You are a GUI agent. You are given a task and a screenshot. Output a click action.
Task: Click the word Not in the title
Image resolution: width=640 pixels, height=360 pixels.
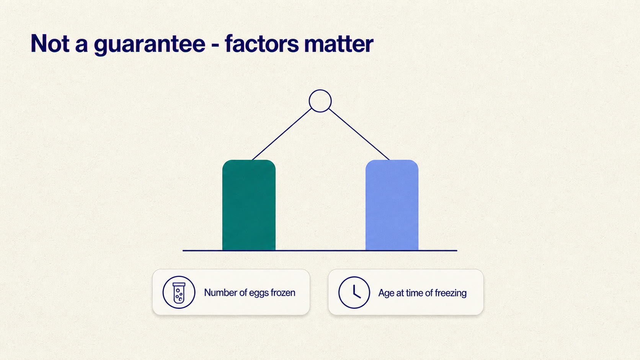(50, 43)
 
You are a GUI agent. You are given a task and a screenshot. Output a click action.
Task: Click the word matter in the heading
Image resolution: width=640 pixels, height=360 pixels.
(339, 44)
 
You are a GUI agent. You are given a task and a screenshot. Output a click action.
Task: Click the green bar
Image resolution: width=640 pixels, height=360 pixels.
(249, 205)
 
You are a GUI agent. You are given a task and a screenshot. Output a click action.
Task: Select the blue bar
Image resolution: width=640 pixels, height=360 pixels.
(392, 205)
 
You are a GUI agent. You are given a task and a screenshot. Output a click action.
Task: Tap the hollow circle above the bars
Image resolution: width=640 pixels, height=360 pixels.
(320, 90)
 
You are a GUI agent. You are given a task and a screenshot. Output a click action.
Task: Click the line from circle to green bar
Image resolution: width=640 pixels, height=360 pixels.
(282, 134)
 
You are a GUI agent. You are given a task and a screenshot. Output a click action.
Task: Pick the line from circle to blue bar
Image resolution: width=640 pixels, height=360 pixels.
(359, 134)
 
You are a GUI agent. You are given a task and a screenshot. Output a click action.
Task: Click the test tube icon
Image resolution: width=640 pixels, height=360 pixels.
(179, 293)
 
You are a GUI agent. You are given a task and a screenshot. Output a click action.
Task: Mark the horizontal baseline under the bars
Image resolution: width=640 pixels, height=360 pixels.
(320, 251)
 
